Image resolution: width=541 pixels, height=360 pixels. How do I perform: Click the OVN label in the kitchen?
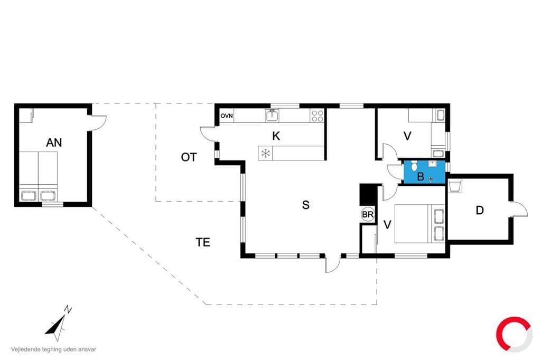coord(227,116)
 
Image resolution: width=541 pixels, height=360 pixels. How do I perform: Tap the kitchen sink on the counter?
coord(272,116)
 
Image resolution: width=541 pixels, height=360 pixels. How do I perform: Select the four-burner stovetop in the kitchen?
coord(317,116)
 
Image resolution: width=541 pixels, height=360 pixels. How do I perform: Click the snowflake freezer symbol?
coord(266,154)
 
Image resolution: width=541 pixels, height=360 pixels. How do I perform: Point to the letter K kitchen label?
coord(276,136)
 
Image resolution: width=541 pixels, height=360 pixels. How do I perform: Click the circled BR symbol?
coord(368,214)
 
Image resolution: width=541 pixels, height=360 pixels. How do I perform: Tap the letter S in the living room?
coord(306,205)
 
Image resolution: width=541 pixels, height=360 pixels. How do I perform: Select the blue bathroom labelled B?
coord(424,172)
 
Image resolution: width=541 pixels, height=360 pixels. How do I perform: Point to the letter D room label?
coord(480,210)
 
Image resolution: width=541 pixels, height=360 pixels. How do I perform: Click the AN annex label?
coord(54,143)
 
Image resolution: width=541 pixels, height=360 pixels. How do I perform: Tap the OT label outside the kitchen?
coord(189,157)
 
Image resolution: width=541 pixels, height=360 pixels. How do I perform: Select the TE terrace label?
coord(203,242)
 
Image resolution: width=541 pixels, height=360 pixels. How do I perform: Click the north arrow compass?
coord(58,324)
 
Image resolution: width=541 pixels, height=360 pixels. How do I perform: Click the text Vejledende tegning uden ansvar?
coord(53,349)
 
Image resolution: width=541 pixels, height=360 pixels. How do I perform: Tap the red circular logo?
coord(513,334)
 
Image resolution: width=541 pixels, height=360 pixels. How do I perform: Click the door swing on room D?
coord(519,209)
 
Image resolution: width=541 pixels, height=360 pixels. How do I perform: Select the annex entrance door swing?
coord(98,123)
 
